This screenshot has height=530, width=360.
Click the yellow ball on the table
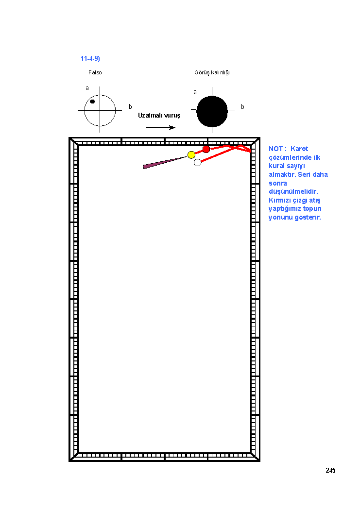pos(191,155)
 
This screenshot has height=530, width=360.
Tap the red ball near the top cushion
pos(206,149)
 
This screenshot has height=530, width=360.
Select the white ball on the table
pos(198,163)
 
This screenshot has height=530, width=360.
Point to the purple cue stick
pos(165,162)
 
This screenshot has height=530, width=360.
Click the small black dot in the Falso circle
pos(92,102)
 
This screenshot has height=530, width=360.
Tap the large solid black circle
pos(212,112)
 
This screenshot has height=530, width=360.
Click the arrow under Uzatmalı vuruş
pos(160,127)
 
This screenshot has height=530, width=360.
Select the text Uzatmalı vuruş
pos(159,116)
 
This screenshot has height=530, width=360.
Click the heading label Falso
pos(95,73)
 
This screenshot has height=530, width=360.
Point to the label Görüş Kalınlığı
pos(212,73)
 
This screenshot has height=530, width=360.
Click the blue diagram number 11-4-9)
pos(90,58)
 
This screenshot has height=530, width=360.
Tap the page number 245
pos(330,471)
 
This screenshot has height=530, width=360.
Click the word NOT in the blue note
pos(275,149)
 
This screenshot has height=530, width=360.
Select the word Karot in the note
pos(299,149)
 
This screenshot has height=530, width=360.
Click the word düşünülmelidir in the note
pos(293,192)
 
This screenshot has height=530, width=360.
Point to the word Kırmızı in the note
pos(280,201)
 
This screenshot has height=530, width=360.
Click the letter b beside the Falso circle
pos(131,107)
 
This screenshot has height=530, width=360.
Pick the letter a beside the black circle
pos(195,92)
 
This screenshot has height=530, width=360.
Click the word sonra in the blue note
pos(278,184)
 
